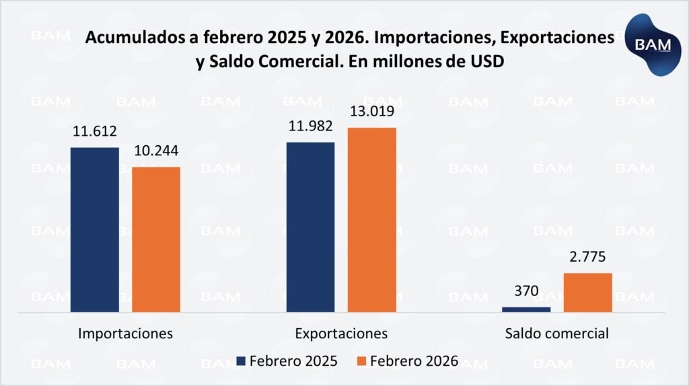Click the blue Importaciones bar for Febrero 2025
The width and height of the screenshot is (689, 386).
(94, 229)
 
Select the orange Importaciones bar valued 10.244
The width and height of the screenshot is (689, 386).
(155, 239)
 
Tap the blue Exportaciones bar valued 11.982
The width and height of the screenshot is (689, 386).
(310, 227)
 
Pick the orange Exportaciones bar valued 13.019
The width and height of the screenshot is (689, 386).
(371, 220)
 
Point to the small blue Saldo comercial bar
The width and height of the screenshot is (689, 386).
(526, 309)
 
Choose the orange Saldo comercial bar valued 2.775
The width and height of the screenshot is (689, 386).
(587, 293)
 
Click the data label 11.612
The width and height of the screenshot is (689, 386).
(95, 133)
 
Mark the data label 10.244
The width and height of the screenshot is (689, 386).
(156, 153)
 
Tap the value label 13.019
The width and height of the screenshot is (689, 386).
(371, 112)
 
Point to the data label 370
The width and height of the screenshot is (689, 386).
(526, 294)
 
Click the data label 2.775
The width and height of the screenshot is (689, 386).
(587, 259)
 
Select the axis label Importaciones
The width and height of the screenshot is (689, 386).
(126, 334)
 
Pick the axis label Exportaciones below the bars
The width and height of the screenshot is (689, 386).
(341, 334)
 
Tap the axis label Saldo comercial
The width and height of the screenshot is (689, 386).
(557, 334)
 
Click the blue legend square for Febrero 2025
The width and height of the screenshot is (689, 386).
(240, 360)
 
